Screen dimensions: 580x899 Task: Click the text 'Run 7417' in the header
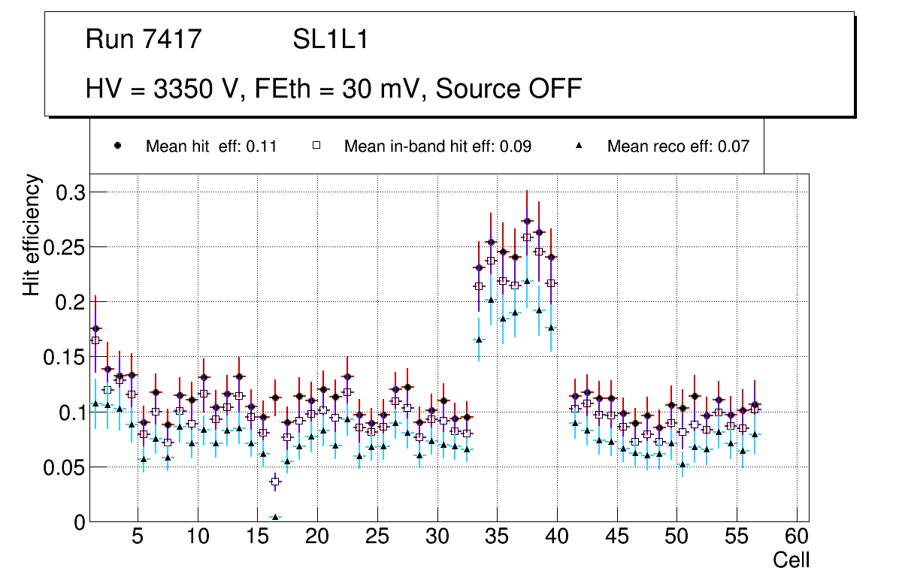(x=144, y=39)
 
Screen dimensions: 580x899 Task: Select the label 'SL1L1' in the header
(x=330, y=39)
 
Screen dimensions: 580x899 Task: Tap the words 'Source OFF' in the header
(x=509, y=88)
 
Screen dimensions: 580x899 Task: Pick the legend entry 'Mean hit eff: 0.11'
(x=211, y=147)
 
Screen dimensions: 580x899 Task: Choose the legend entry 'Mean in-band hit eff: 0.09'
(x=437, y=147)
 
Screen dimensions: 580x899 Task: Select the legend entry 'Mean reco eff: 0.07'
(x=678, y=147)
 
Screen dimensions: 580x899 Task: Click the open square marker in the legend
(x=316, y=146)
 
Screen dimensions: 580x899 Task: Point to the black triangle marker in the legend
(x=580, y=146)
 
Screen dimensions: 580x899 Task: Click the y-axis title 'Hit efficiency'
(x=32, y=234)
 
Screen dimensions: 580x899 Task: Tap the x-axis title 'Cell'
(x=792, y=560)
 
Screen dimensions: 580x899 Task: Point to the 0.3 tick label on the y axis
(x=71, y=192)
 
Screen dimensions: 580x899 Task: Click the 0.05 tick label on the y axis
(x=65, y=467)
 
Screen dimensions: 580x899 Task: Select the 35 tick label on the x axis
(x=496, y=538)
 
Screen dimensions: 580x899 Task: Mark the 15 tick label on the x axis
(x=257, y=538)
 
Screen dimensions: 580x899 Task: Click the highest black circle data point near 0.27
(x=527, y=221)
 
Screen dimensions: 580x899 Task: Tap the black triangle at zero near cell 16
(x=275, y=518)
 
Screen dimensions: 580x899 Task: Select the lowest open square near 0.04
(x=275, y=481)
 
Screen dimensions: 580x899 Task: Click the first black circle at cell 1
(x=95, y=328)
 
